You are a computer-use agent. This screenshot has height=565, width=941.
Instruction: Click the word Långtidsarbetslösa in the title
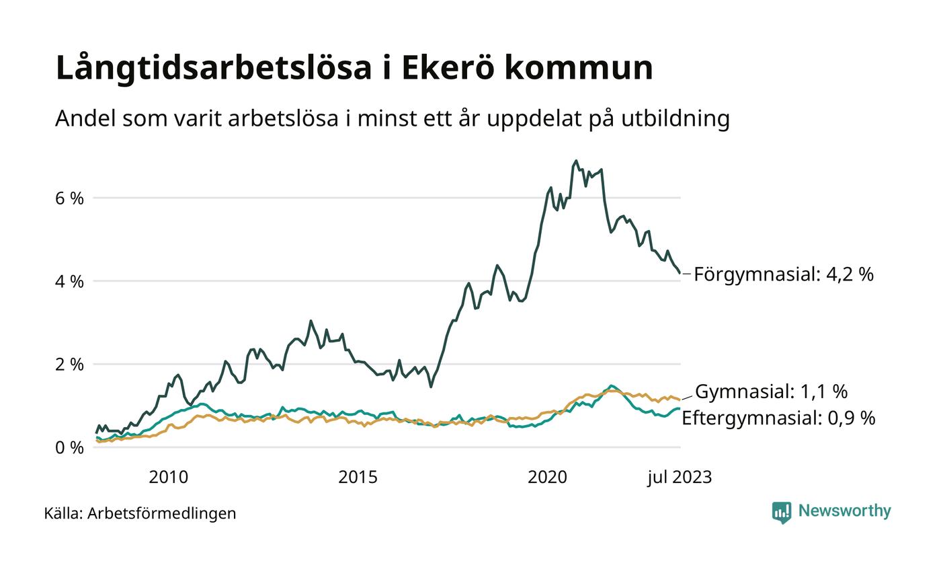point(213,68)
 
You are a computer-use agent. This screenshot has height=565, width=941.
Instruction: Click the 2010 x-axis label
point(169,478)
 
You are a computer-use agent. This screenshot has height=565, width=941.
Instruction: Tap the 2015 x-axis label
point(358,478)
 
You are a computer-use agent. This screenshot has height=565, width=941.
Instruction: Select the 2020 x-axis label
point(548,478)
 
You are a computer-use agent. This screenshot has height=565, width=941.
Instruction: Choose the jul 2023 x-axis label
point(680,478)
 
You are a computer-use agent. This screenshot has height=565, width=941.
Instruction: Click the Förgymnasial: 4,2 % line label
point(784,274)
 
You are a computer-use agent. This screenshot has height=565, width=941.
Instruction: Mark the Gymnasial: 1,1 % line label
point(771,391)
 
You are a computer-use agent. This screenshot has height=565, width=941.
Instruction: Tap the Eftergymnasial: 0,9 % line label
point(778,418)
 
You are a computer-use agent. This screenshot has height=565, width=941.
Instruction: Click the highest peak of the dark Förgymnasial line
point(576,161)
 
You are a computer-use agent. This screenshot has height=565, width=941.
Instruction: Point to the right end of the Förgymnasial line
point(680,273)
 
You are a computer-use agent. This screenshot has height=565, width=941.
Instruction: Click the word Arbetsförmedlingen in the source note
point(162,514)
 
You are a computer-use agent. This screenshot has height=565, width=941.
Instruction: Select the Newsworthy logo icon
point(782,513)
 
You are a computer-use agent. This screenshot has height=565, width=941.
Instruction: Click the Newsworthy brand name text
point(845,511)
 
